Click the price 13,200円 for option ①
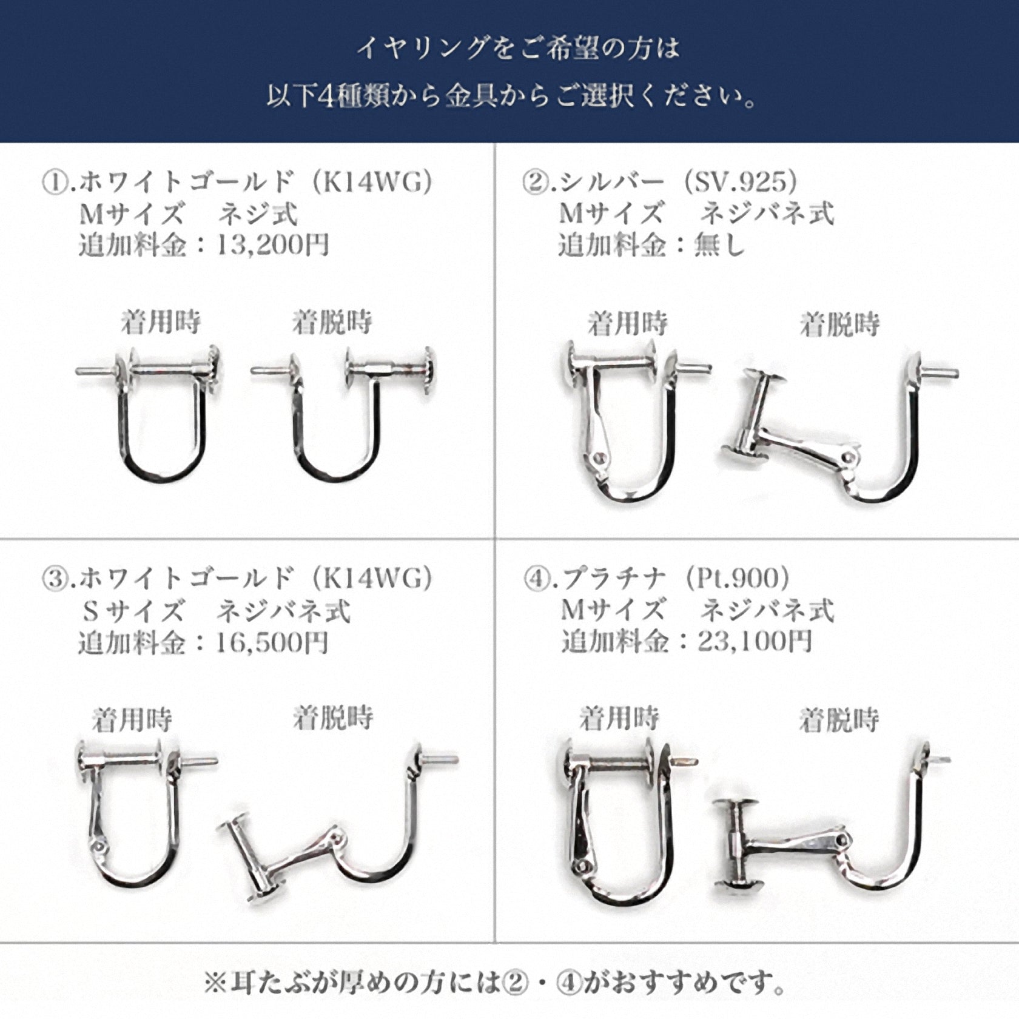pos(273,244)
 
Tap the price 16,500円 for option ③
pos(273,642)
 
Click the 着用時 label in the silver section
pos(628,323)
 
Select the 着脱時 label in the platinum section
pos(839,720)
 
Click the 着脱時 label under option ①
pos(332,322)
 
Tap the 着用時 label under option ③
pos(132,720)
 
